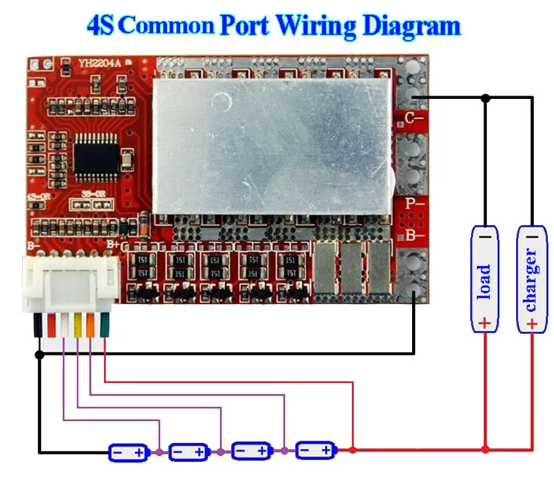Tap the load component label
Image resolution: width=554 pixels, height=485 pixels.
coord(485,280)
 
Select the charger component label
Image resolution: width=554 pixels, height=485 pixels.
coord(531,280)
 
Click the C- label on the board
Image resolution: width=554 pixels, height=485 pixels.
coord(414,117)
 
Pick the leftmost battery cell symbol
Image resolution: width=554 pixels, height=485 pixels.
coord(129,452)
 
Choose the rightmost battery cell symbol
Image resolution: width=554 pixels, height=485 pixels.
coord(316,451)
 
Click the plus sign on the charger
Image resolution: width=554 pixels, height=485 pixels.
coord(531,323)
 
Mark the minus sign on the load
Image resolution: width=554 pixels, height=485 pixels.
coord(485,236)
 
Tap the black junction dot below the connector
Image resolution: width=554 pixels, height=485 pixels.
coord(39,354)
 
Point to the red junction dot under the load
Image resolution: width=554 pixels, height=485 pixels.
coord(485,450)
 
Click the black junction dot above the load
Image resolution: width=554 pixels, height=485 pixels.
coord(485,97)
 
